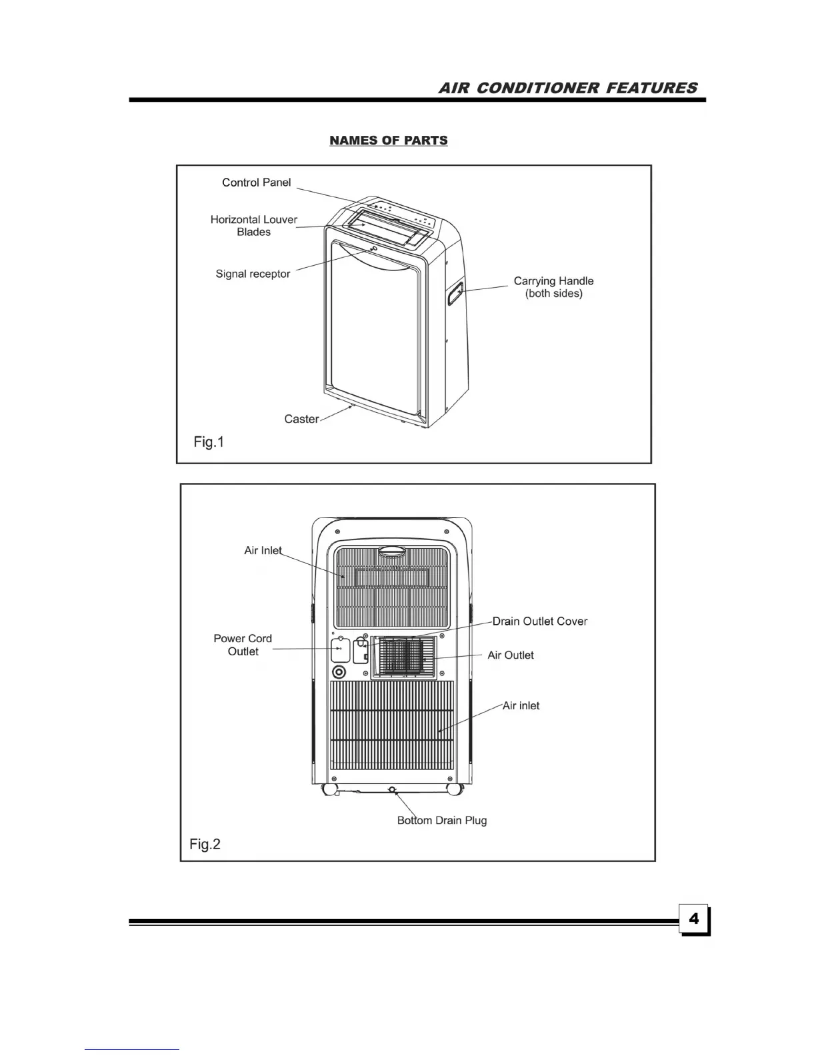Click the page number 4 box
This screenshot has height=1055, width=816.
pos(694,919)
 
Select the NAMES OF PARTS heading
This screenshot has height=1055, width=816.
pos(389,141)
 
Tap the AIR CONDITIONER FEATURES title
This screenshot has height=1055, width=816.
pos(568,88)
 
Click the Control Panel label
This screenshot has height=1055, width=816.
pos(256,182)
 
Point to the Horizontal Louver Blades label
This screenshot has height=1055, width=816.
pos(254,226)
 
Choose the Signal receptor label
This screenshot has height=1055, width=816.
pos(253,274)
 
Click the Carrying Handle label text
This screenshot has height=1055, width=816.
pos(553,287)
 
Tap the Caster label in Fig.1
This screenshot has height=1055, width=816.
pos(301,419)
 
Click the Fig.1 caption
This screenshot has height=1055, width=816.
pos(209,442)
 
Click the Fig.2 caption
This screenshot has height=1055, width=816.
pos(205,845)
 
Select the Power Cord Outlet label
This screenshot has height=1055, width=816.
pos(243,645)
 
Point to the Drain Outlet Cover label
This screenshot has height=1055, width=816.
pos(540,621)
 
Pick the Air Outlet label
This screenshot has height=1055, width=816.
pos(511,655)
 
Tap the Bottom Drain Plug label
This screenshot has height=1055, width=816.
pos(442,821)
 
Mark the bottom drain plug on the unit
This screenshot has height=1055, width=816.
pos(392,791)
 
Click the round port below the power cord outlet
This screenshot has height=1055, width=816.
pos(339,671)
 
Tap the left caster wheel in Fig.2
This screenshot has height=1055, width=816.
pos(329,789)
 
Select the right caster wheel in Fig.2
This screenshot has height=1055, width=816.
pos(454,789)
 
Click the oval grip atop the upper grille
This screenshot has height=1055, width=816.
pos(392,551)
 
